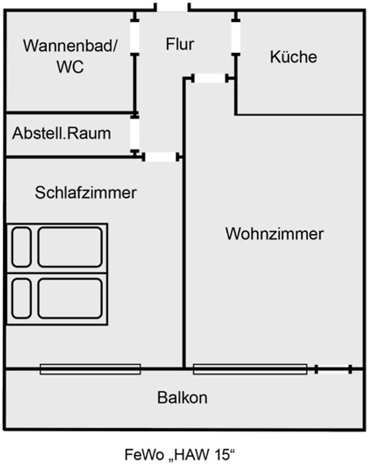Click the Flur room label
click(179, 44)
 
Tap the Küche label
click(294, 57)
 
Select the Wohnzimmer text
click(274, 234)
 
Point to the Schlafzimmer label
click(86, 193)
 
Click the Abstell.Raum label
click(61, 133)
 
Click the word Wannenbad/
click(70, 46)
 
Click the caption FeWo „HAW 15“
click(182, 454)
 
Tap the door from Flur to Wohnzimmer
click(210, 78)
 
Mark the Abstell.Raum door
click(135, 134)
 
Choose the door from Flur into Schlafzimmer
click(161, 156)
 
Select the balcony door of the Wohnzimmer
click(333, 369)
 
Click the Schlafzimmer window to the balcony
click(90, 369)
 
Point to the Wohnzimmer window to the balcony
click(250, 369)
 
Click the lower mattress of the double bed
click(70, 298)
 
